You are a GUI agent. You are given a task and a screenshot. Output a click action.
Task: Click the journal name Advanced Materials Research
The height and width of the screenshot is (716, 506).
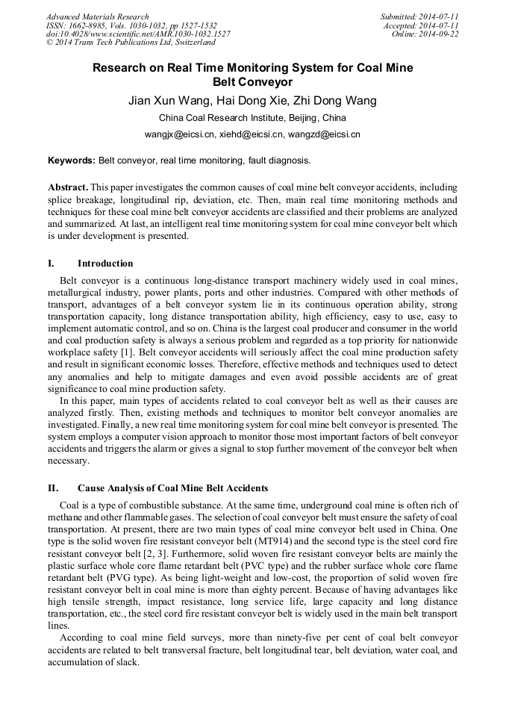98,16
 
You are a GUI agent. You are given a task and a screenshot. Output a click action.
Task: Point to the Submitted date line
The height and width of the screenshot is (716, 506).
419,16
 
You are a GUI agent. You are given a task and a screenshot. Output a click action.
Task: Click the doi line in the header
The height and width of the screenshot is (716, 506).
138,34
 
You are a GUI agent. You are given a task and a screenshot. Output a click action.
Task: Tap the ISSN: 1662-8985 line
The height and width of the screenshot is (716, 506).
131,25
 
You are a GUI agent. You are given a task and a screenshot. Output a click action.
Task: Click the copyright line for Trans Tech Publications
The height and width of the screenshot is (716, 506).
131,43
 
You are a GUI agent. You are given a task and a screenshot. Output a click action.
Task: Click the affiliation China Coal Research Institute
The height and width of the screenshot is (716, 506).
252,118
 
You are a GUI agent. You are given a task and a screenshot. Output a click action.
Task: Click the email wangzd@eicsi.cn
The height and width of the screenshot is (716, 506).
325,135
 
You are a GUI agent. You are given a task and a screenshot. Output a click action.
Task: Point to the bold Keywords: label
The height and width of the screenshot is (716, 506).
72,161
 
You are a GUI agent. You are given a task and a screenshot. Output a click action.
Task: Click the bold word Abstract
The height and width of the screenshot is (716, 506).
68,187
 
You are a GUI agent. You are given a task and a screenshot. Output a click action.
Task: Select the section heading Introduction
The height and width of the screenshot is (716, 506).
105,264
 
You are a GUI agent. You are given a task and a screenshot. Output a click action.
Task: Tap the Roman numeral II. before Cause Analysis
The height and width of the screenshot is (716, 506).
53,488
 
